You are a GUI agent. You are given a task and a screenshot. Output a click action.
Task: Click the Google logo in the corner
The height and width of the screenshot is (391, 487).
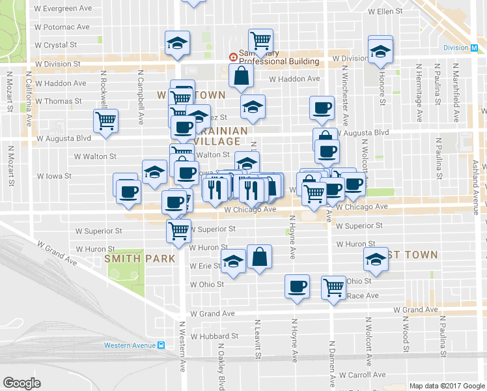click(x=22, y=383)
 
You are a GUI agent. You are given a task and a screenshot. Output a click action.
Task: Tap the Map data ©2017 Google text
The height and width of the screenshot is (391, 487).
click(x=447, y=386)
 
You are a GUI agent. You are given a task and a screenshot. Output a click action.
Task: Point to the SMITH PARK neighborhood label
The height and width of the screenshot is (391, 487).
click(x=140, y=259)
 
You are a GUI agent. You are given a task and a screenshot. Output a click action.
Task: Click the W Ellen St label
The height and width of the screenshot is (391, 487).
click(x=387, y=12)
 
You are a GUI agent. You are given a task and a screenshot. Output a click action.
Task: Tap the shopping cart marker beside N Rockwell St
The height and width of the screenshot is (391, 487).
click(x=105, y=121)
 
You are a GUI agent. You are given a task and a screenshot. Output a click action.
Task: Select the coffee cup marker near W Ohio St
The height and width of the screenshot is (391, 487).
click(x=298, y=287)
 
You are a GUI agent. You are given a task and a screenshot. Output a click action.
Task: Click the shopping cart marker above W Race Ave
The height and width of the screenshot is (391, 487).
click(x=334, y=287)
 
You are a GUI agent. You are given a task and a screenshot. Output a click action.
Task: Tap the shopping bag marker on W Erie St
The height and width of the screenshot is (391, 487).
click(x=259, y=256)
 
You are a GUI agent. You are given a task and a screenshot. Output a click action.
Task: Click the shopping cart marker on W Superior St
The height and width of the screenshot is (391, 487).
click(x=178, y=230)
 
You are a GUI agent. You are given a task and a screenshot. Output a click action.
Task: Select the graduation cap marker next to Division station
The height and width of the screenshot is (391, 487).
click(x=380, y=49)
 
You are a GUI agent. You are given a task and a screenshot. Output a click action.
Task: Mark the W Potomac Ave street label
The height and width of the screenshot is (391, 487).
click(x=63, y=27)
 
